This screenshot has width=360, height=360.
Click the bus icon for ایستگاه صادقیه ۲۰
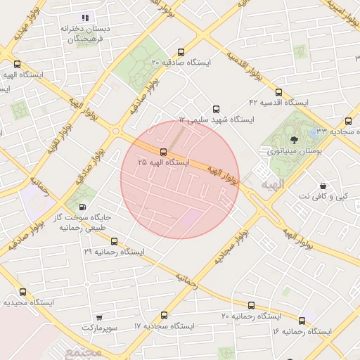pyautogui.click(x=181, y=52)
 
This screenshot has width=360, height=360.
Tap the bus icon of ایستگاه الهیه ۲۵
pyautogui.click(x=163, y=152)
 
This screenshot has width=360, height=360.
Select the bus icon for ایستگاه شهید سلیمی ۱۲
pyautogui.click(x=216, y=110)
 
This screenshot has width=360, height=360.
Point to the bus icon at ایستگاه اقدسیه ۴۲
pyautogui.click(x=278, y=92)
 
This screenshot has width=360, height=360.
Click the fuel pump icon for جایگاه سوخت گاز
pyautogui.click(x=84, y=207)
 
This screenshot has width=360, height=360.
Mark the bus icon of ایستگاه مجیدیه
pyautogui.click(x=22, y=292)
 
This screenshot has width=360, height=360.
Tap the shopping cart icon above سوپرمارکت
pyautogui.click(x=98, y=318)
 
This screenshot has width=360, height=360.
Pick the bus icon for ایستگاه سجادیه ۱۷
pyautogui.click(x=164, y=316)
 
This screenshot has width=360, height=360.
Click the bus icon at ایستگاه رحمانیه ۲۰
pyautogui.click(x=252, y=306)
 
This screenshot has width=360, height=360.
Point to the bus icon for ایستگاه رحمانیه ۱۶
pyautogui.click(x=302, y=320)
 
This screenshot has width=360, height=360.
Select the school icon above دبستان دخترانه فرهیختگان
pyautogui.click(x=85, y=18)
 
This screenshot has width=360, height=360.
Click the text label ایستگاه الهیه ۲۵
pyautogui.click(x=163, y=162)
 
